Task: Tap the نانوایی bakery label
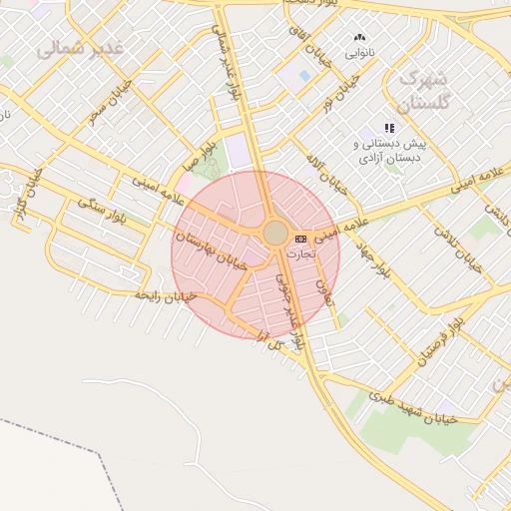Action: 359,53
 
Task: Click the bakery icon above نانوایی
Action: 359,37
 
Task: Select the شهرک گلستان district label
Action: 425,90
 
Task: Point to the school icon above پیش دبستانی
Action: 389,128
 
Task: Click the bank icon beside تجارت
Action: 300,239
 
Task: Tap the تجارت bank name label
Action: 300,254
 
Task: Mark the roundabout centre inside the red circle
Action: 275,233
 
